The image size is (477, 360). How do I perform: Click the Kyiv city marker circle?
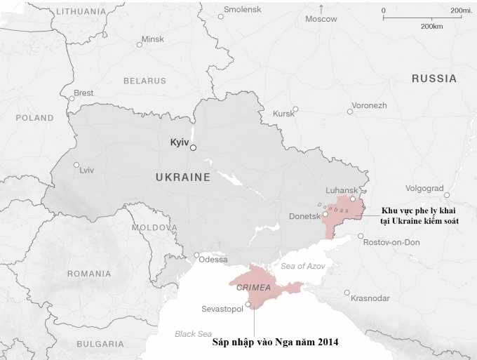point(194,147)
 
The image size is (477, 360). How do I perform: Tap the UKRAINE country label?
point(182,178)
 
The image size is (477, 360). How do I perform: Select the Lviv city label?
point(87,170)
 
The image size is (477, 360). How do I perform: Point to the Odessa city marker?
point(197,255)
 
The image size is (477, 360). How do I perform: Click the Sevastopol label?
point(222,309)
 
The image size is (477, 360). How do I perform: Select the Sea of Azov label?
point(303,266)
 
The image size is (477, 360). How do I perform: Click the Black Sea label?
point(194,334)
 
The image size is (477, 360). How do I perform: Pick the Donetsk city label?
point(304,217)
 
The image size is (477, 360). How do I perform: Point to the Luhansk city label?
point(342,190)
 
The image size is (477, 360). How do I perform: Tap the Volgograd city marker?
point(446,195)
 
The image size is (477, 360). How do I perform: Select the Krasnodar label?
point(370,298)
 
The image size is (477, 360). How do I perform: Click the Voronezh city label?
point(369,105)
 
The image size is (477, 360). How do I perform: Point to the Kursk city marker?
point(295,109)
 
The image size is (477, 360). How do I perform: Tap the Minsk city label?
point(152,39)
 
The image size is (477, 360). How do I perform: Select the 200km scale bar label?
point(431,26)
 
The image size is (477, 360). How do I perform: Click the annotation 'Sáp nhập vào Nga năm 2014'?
point(275,342)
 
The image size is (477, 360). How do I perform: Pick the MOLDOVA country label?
point(154,228)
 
